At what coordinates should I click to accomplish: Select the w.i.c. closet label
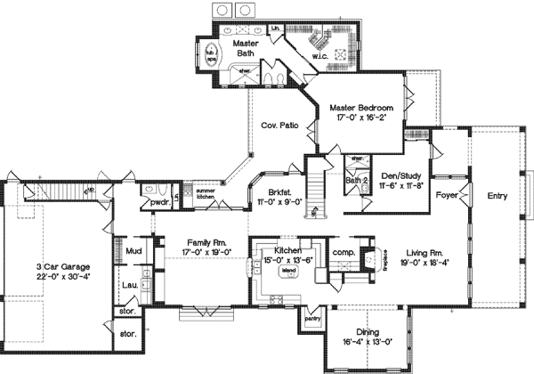click(320, 59)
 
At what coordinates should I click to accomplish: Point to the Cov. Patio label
click(279, 126)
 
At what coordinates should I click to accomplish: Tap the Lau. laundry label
click(129, 285)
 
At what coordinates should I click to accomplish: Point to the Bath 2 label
click(357, 181)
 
